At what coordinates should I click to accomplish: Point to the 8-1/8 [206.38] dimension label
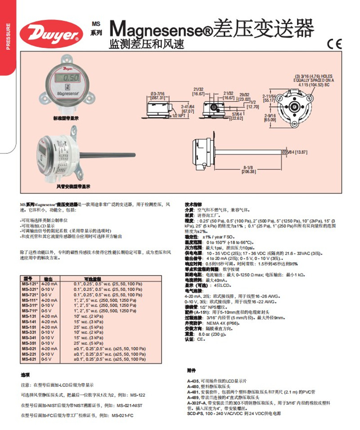pyautogui.click(x=248, y=169)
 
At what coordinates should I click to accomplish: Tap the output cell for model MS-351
pyautogui.click(x=48, y=343)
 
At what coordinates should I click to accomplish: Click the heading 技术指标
pyautogui.click(x=194, y=204)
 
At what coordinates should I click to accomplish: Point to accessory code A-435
pyautogui.click(x=193, y=381)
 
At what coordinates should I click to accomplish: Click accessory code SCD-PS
pyautogui.click(x=194, y=412)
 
